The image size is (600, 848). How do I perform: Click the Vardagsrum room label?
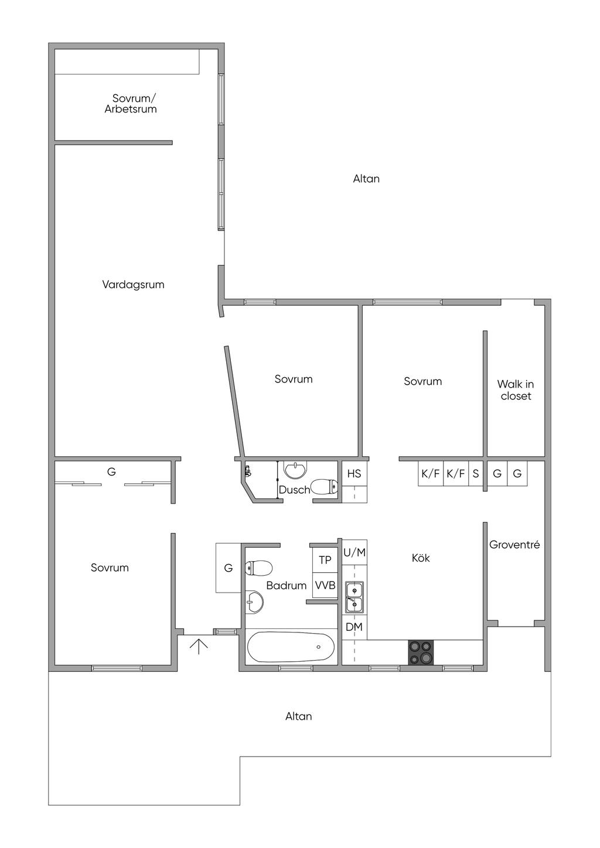pos(133,285)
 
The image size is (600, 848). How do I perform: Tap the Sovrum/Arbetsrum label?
pos(131,104)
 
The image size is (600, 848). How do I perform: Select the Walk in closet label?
pos(516,390)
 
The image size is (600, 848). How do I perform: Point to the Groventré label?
pos(514,545)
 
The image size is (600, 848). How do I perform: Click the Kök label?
pos(421,558)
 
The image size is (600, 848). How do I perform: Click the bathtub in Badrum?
pos(291,647)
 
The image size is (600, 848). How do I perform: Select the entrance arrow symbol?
pos(199,646)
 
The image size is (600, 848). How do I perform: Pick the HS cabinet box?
pos(354,474)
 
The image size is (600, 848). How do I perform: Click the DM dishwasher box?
pos(354,627)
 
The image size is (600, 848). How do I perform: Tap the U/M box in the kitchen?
pos(354,552)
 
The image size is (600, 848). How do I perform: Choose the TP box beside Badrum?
pos(325,560)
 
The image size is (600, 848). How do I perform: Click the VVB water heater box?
pos(325,585)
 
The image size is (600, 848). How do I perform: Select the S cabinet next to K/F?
pos(475,474)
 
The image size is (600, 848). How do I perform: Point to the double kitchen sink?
pos(354,597)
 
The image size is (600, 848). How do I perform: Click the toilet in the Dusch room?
pos(324,487)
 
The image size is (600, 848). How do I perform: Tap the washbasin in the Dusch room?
pos(295,470)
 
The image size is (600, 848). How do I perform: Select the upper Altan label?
pos(366,179)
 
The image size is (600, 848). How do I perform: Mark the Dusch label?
pos(294,490)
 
